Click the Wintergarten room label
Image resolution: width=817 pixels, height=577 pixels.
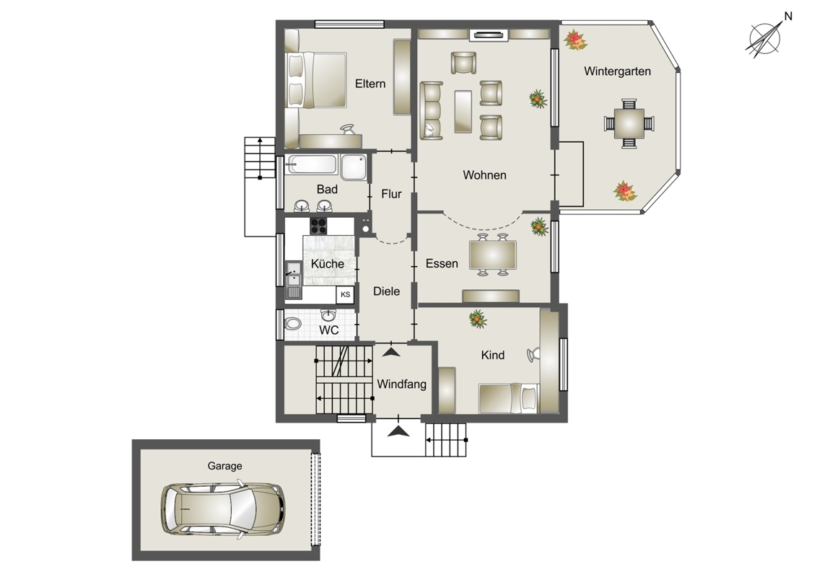pos(617,71)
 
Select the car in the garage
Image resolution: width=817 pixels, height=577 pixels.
pos(223,508)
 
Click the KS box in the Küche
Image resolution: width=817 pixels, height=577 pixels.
pos(346,294)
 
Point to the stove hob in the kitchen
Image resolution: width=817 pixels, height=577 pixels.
pos(318,226)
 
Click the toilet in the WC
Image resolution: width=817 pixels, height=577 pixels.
pos(292,324)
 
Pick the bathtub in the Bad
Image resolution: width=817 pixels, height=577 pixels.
pos(312,164)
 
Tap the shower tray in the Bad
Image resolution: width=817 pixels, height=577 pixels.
pos(353,167)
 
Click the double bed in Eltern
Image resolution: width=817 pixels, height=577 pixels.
pos(315,79)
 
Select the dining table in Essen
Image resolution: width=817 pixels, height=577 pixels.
pos(493,255)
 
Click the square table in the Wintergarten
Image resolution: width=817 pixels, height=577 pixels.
pos(629,123)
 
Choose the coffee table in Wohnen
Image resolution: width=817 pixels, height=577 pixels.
pos(463,112)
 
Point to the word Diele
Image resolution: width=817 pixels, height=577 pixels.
pos(386,291)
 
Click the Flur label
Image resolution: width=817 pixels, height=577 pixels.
pos(391,194)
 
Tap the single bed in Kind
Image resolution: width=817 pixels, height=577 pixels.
pos(508,398)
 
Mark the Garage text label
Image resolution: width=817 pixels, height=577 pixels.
pos(224,466)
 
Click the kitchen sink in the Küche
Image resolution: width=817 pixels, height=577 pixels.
pos(293,280)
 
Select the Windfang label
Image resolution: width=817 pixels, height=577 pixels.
pos(401,384)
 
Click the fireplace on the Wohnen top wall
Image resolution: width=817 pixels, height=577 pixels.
pos(488,35)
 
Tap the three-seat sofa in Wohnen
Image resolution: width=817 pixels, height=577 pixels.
pos(431,110)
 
